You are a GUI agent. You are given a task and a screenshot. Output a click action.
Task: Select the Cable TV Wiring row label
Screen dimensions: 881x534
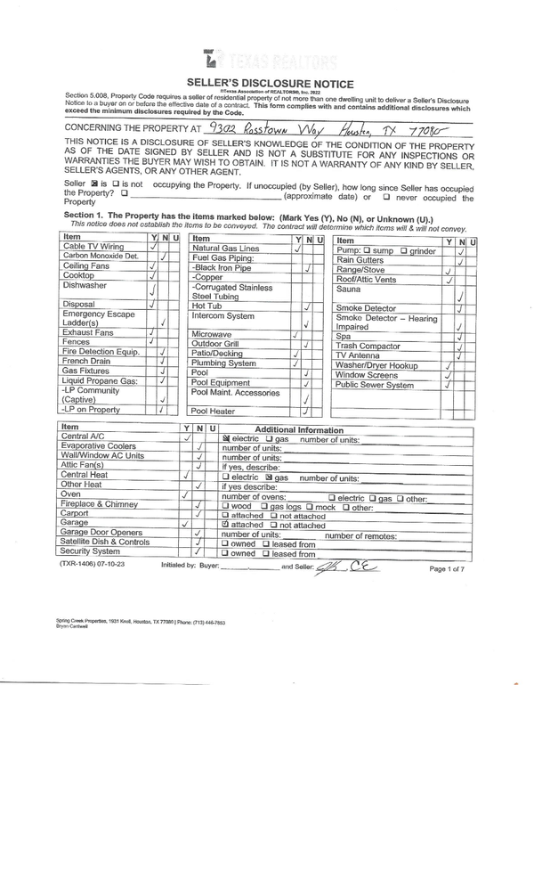93,247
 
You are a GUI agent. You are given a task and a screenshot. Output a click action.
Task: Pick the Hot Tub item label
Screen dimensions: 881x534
206,306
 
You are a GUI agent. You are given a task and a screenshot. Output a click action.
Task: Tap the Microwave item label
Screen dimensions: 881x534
212,335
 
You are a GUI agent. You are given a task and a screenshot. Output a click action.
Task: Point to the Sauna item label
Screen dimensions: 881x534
348,290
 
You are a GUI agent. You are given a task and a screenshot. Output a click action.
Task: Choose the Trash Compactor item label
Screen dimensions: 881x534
368,346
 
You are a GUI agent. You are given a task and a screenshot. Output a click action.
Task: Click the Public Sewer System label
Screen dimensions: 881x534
375,385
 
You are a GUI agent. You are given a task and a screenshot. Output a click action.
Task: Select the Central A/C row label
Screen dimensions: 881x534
82,437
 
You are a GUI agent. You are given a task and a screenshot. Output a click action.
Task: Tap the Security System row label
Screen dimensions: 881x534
90,552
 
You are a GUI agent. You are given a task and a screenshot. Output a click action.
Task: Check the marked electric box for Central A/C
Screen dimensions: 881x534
226,439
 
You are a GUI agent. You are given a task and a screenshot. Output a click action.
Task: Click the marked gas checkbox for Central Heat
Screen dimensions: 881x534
267,477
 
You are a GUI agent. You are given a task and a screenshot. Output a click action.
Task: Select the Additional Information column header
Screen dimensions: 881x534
299,429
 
